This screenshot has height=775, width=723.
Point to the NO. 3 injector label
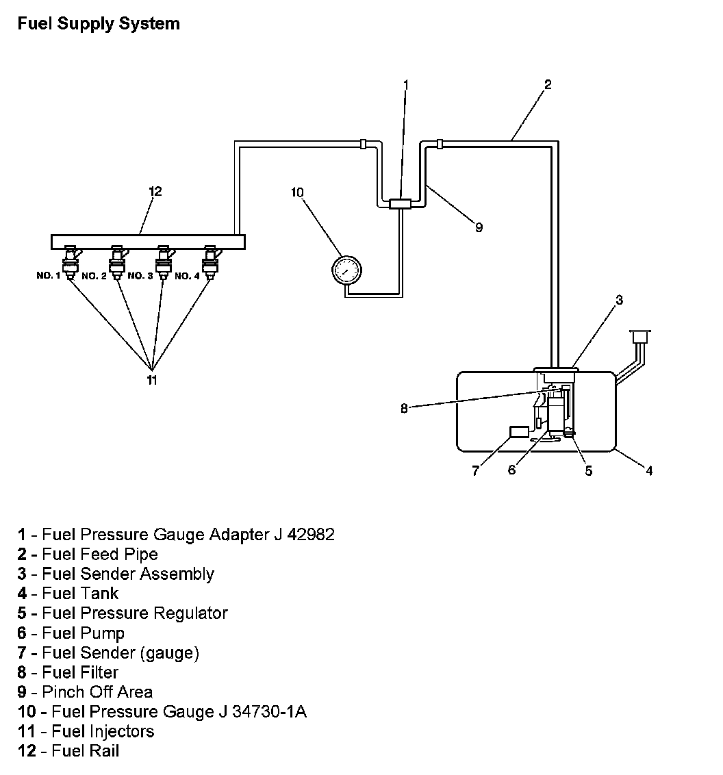140,276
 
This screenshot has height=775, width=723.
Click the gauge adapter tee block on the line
398,203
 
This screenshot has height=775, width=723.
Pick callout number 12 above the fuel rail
155,191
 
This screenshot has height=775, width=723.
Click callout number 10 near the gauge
297,192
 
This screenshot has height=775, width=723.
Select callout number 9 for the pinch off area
479,228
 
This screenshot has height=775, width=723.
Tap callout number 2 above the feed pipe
547,85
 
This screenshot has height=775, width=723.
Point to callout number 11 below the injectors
152,380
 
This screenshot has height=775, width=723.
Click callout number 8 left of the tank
405,409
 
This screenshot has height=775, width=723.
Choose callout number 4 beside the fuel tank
649,470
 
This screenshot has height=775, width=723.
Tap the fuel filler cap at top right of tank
640,335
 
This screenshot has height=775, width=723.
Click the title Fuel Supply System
99,23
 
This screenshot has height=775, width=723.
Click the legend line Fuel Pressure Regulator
134,613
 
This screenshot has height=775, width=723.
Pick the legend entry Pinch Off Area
97,691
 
